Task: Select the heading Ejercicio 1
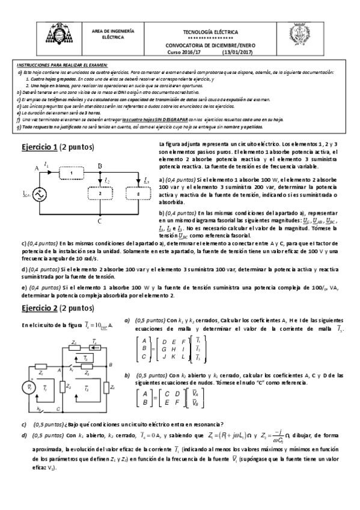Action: pyautogui.click(x=39, y=147)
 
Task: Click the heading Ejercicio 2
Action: pyautogui.click(x=39, y=308)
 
